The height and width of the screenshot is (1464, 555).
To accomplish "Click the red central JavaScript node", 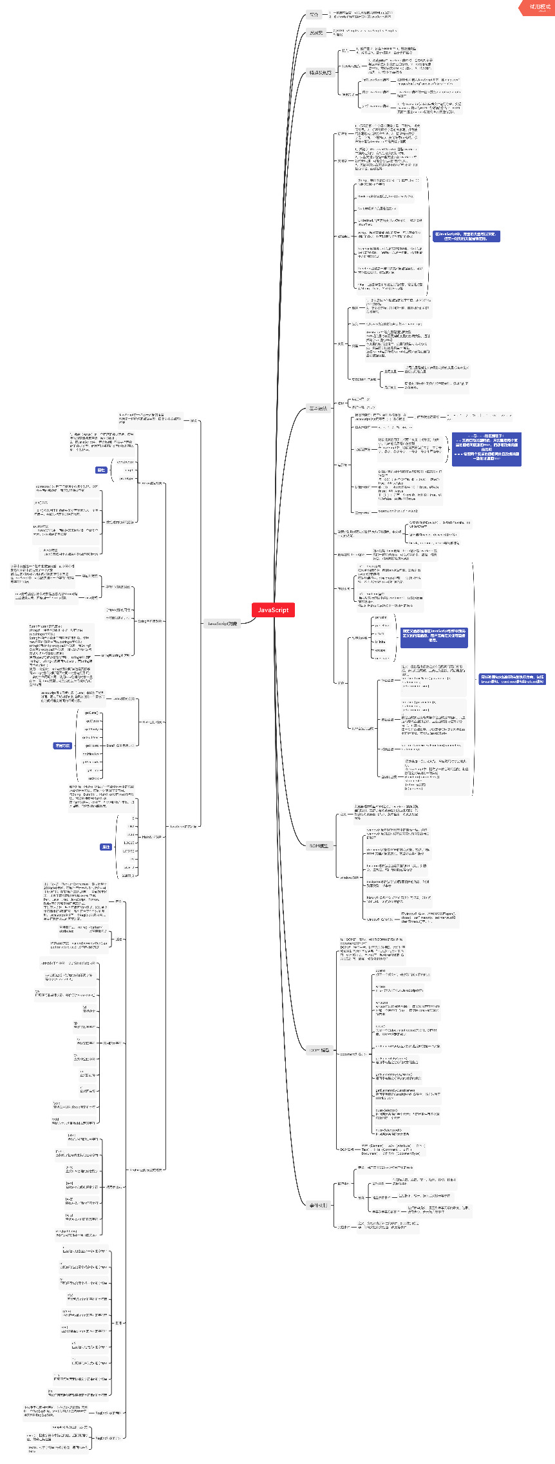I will point(273,610).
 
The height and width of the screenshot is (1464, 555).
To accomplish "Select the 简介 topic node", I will point(314,14).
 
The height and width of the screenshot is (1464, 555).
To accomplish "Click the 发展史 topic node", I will point(316,32).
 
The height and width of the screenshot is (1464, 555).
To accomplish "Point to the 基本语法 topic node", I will point(318,408).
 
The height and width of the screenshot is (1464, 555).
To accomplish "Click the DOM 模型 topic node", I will point(320,1050).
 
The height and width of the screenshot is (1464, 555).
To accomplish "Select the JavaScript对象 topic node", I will point(222,623).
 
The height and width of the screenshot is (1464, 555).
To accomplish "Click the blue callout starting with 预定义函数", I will point(434,635).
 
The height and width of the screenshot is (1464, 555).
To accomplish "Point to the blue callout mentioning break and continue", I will point(513,679).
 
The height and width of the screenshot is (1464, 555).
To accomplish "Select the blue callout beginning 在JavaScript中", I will point(466,236).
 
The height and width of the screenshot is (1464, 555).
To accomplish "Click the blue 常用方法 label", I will point(62,746).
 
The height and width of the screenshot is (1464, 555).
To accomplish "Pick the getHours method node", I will point(91,746).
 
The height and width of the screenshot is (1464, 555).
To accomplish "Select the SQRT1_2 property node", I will point(128,876).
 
